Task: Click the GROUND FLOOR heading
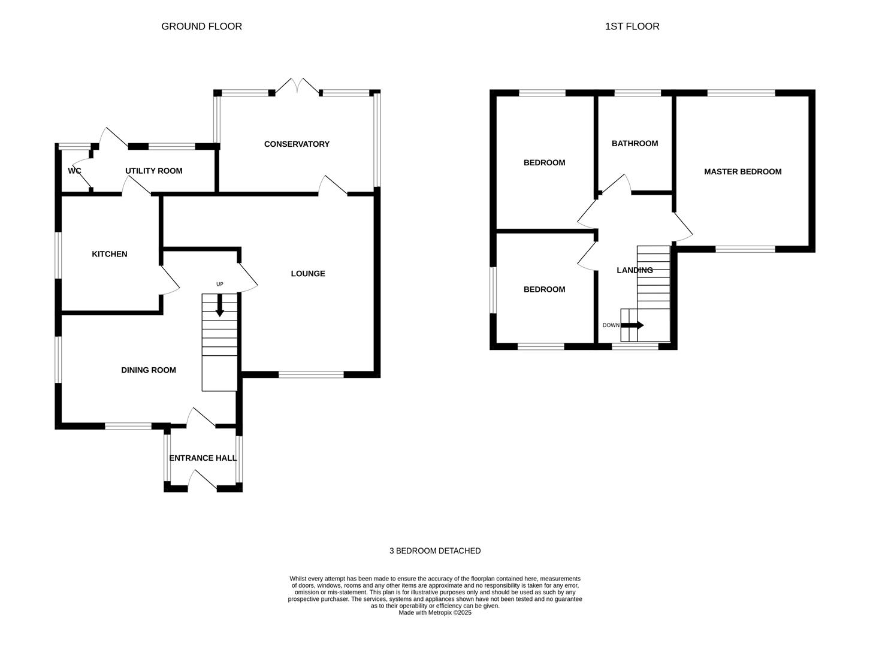pos(201,26)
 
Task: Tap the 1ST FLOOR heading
pos(632,26)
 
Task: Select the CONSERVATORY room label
pos(297,144)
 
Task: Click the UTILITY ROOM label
pos(154,171)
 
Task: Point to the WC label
pos(74,171)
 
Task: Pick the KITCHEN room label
pos(110,254)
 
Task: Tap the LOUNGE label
pos(308,273)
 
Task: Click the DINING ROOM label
pos(148,370)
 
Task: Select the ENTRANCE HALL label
pos(203,458)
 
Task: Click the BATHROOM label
pos(635,143)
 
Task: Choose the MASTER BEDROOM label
pos(742,171)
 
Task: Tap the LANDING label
pos(635,270)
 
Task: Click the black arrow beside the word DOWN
pos(632,325)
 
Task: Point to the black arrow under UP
pos(220,305)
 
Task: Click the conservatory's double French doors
pos(297,86)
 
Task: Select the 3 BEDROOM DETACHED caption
pos(435,551)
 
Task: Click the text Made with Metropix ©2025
pos(435,612)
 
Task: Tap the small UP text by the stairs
pos(220,284)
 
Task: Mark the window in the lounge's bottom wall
pos(311,374)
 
